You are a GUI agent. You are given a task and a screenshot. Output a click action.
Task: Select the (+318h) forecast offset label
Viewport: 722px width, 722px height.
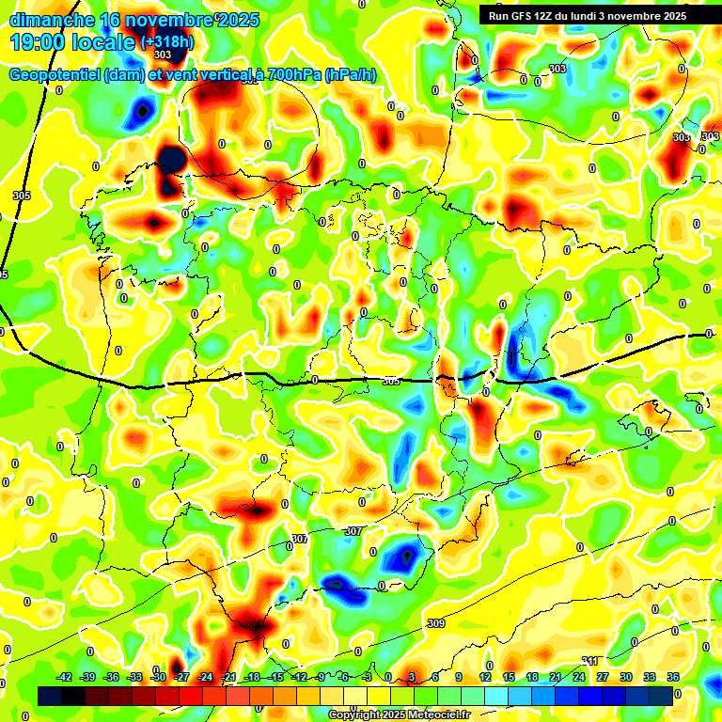coord(166,42)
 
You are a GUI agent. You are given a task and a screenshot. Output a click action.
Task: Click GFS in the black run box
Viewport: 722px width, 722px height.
coord(526,16)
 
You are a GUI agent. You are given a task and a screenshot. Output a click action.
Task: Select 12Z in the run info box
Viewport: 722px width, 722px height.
coord(552,16)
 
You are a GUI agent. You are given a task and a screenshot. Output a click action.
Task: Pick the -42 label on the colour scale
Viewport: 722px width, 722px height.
coord(65,677)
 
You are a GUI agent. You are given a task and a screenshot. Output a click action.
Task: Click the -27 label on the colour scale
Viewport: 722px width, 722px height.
coord(182,677)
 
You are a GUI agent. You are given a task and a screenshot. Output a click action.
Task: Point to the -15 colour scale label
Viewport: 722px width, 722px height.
coord(276,677)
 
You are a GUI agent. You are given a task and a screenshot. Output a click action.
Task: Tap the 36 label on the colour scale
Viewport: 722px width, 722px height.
coord(673,677)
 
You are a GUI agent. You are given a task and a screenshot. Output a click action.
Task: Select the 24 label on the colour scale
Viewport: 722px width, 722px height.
coord(579,677)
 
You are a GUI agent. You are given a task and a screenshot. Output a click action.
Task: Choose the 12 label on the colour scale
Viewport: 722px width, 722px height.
coord(485,677)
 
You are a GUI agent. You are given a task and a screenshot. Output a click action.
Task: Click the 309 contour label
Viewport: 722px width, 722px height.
coord(435,623)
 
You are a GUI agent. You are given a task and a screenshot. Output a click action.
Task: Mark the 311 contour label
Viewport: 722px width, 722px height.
coord(590,661)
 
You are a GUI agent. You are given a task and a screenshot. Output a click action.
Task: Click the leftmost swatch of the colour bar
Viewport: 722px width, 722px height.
coord(50,696)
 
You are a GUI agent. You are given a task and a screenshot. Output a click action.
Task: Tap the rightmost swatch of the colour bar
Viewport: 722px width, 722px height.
coord(661,696)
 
